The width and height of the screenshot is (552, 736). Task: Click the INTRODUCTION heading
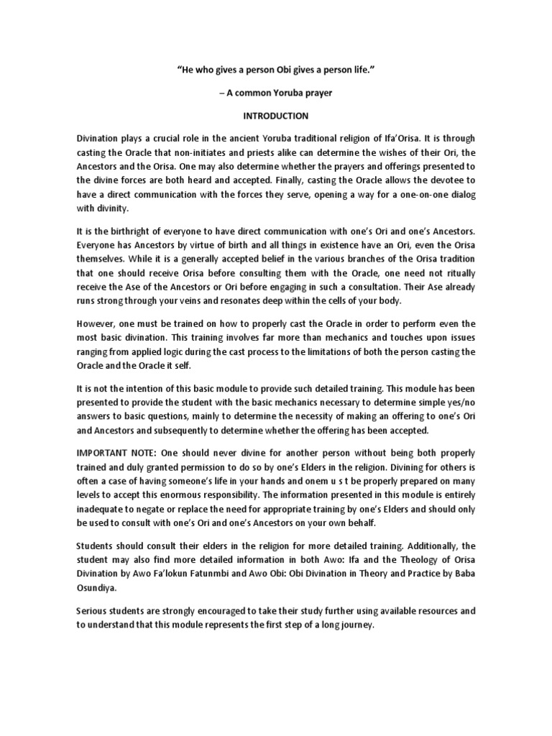(276, 116)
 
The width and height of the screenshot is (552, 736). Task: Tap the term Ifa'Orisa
(411, 137)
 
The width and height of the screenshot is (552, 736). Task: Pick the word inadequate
(98, 510)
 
